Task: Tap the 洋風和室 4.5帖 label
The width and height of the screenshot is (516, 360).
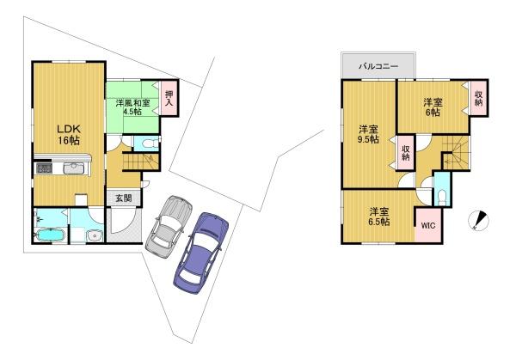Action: (132, 107)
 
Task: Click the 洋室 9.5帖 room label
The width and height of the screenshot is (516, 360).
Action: (367, 135)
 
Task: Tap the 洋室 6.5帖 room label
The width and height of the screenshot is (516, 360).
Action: (378, 216)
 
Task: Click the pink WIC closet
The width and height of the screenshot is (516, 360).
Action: (427, 227)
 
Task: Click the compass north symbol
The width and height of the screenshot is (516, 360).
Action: (479, 221)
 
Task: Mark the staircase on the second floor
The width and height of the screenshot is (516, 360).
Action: (460, 154)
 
